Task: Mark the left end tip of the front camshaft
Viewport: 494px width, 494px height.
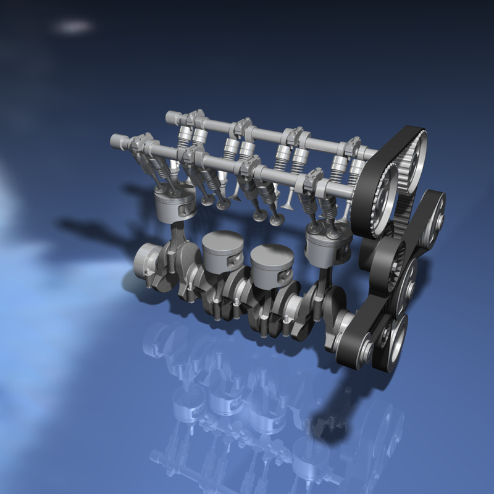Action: tap(115, 141)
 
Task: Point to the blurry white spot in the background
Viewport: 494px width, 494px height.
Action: tap(73, 27)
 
